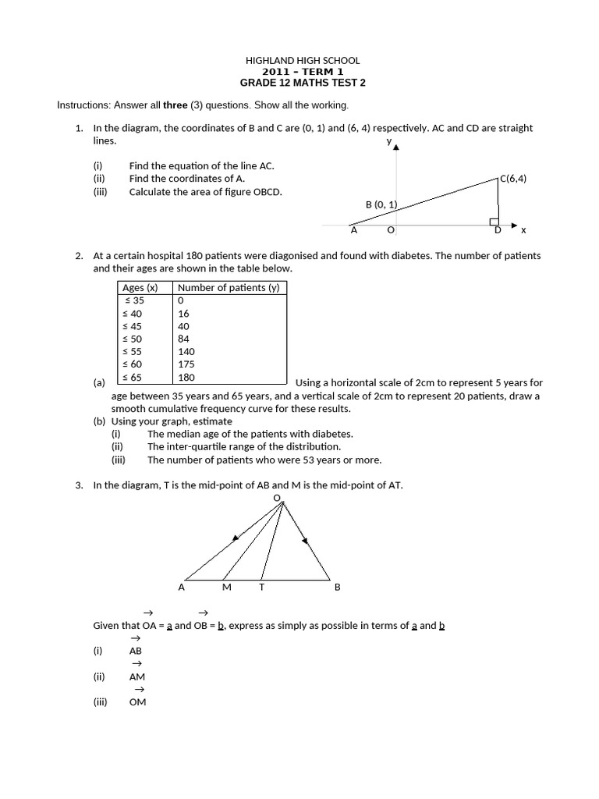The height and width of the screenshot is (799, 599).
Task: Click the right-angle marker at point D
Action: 494,222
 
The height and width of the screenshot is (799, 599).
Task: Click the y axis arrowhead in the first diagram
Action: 396,147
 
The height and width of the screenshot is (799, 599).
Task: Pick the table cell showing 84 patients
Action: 184,339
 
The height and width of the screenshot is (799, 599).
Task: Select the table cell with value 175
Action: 186,364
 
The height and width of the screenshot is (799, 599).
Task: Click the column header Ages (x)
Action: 140,287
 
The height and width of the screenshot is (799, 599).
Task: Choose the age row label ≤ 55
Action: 133,351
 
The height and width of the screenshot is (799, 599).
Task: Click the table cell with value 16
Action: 184,313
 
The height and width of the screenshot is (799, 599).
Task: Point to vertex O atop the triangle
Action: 277,497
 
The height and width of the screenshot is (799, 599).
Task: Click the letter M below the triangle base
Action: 227,588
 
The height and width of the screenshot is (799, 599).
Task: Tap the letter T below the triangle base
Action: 262,588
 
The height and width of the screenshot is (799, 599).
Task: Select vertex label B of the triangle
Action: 337,588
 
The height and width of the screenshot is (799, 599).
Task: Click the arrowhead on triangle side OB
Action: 304,538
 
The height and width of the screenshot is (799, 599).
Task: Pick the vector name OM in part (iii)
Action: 137,702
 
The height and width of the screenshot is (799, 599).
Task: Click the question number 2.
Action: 79,256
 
